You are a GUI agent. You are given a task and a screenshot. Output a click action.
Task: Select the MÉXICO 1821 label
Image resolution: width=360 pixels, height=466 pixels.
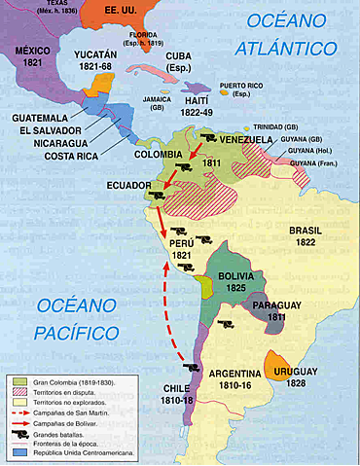coord(31,56)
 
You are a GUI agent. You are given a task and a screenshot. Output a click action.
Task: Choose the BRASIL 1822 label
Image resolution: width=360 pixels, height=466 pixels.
coord(311,236)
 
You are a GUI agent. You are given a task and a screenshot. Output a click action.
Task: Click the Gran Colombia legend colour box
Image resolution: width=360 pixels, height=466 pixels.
coord(18,381)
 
